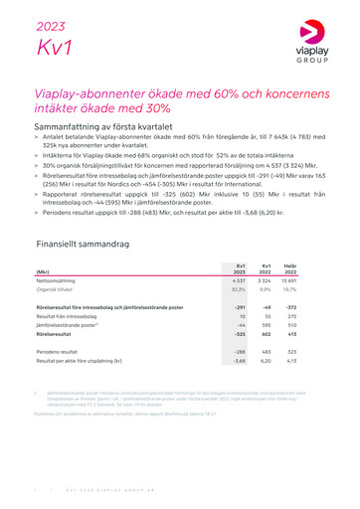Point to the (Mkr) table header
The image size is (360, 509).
(44, 270)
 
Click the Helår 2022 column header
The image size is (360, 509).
(290, 267)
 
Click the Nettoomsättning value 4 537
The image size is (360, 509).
(236, 282)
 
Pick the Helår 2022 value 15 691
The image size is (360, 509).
(290, 282)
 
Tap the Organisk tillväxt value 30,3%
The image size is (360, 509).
(237, 292)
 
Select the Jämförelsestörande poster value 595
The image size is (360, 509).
(266, 327)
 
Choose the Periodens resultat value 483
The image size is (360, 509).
(266, 352)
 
